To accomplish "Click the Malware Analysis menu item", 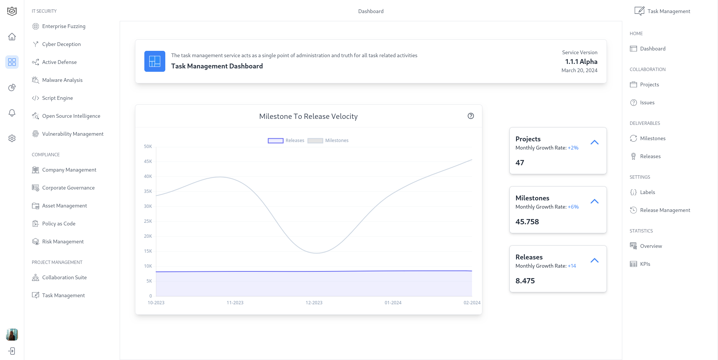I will (x=62, y=80).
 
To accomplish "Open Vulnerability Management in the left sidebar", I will (x=73, y=134).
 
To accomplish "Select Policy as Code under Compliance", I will (x=59, y=224).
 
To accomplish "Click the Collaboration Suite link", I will (x=64, y=277).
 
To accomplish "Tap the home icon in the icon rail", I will (x=12, y=37).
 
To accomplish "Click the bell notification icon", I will (x=12, y=113).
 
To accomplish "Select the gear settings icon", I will (x=12, y=138).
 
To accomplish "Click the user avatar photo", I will (x=12, y=335).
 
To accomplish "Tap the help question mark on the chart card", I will (x=471, y=116).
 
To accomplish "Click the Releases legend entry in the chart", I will (x=286, y=141).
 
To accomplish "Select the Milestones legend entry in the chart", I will (x=328, y=141).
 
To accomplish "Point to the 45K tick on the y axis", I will (x=148, y=161).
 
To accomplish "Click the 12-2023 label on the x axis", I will (x=314, y=303).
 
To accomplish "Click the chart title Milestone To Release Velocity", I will (x=308, y=116).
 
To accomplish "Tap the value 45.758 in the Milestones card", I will (x=527, y=222).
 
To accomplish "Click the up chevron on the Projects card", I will (x=594, y=142).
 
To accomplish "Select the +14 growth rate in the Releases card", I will (x=572, y=266).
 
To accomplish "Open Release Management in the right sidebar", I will (x=665, y=210).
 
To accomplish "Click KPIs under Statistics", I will (x=645, y=264).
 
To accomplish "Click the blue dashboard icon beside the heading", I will (x=155, y=61).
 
